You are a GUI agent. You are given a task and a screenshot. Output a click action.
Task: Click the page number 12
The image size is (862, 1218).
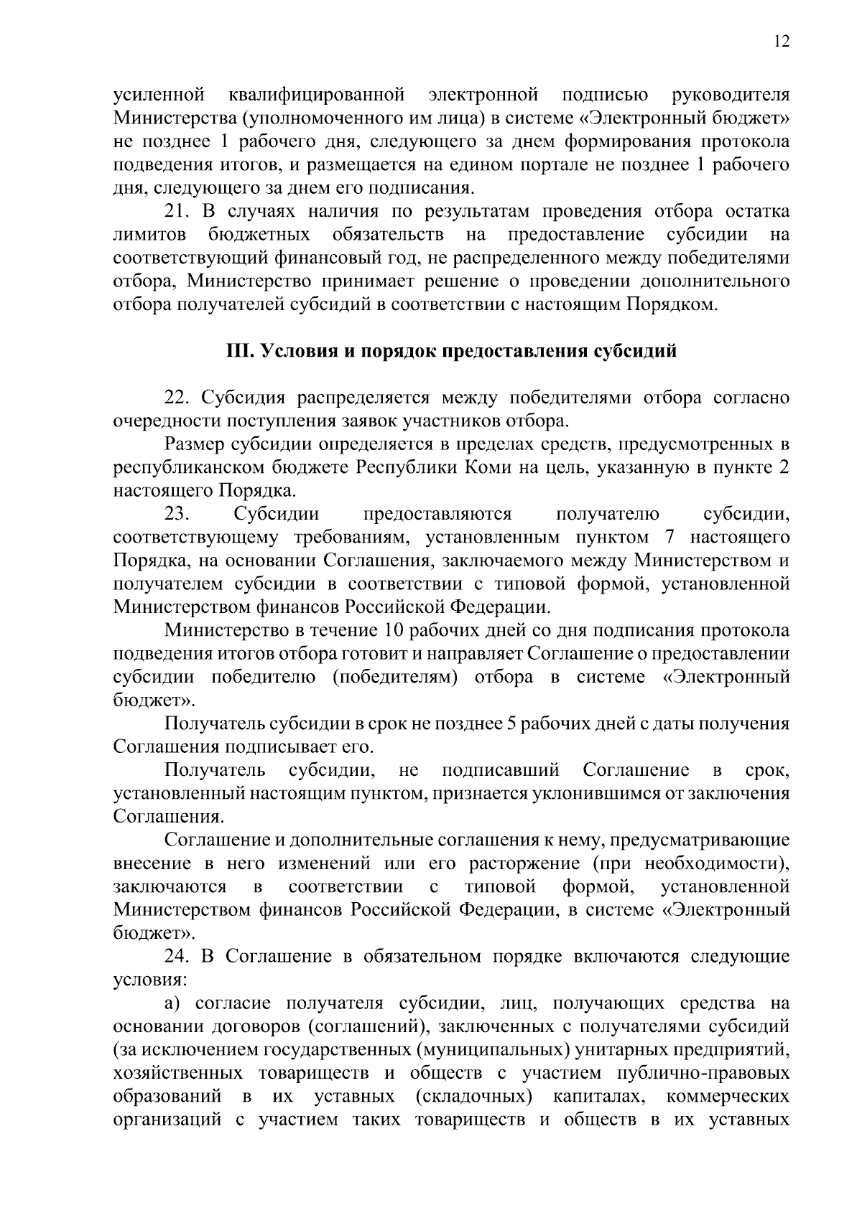click(x=782, y=42)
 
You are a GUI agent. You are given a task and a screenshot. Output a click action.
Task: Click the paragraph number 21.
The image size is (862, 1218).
click(x=176, y=212)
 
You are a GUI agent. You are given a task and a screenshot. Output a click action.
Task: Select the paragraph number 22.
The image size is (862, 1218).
click(x=177, y=398)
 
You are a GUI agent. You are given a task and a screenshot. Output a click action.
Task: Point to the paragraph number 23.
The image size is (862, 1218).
click(x=177, y=514)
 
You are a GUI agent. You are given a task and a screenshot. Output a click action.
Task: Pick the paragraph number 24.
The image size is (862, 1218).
click(x=177, y=956)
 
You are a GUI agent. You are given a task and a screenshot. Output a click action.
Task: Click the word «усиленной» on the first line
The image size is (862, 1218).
click(x=159, y=95)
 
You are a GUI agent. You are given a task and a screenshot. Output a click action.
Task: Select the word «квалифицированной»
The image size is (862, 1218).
click(x=318, y=95)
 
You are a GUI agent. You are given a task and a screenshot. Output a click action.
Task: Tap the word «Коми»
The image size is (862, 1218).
click(x=491, y=467)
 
